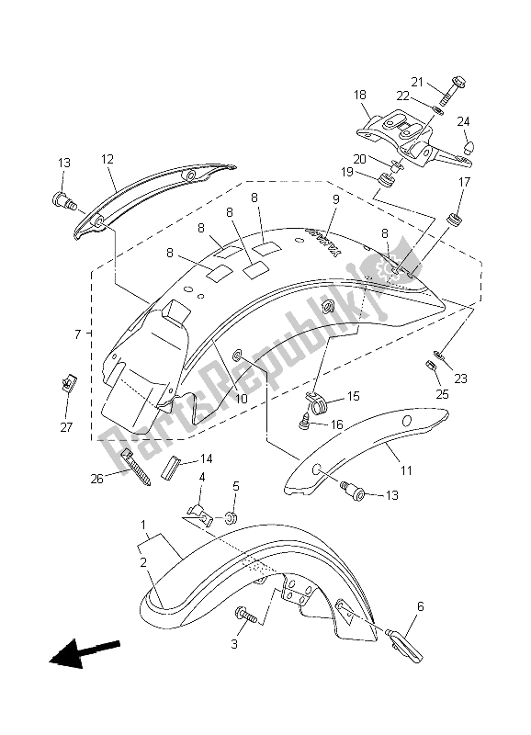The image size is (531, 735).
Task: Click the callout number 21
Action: (x=417, y=82)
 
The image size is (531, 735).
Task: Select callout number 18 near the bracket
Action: (x=360, y=96)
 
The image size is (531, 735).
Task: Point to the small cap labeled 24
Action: (x=468, y=147)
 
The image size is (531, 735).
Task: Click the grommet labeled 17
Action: (x=454, y=220)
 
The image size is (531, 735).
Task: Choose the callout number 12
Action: (x=107, y=159)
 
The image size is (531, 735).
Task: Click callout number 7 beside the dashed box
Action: (x=78, y=334)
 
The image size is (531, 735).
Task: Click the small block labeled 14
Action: (x=171, y=467)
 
